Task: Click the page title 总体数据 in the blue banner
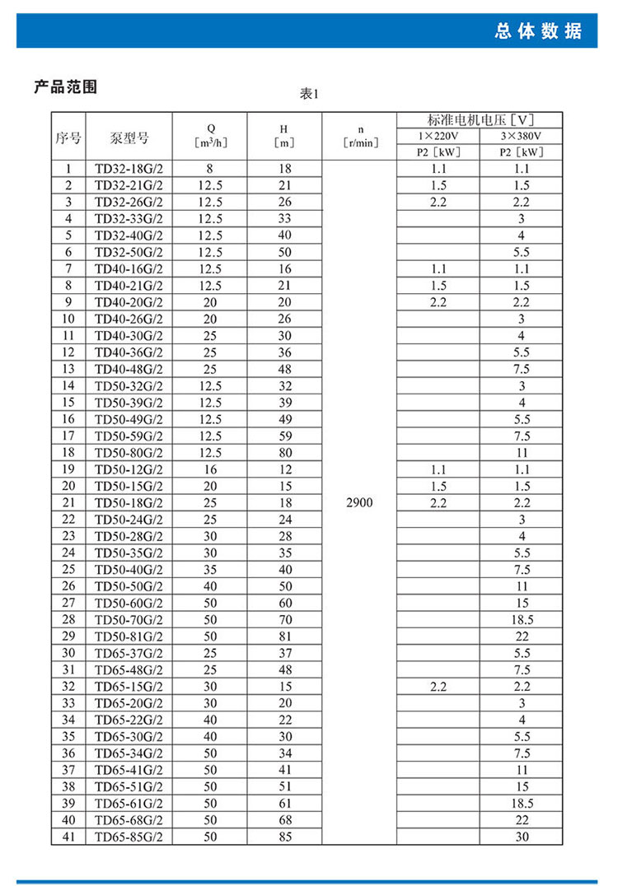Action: click(x=538, y=31)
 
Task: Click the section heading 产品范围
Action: click(x=65, y=86)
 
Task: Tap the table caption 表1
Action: click(x=309, y=95)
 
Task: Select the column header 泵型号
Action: click(x=129, y=138)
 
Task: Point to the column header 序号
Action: click(x=68, y=138)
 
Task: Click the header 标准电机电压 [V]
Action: click(x=480, y=119)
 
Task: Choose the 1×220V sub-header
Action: click(x=438, y=136)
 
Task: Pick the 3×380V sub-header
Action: click(x=522, y=136)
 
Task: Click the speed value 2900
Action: click(x=358, y=501)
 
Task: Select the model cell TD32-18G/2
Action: click(x=129, y=169)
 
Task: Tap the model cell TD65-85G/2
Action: click(x=129, y=837)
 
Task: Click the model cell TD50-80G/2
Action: click(x=129, y=452)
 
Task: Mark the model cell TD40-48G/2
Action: click(x=129, y=369)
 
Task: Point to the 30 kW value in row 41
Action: click(x=522, y=837)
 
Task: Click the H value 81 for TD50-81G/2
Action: click(x=285, y=636)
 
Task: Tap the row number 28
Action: click(x=68, y=619)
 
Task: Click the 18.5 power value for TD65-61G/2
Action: click(x=522, y=804)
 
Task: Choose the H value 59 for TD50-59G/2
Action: click(x=285, y=436)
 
